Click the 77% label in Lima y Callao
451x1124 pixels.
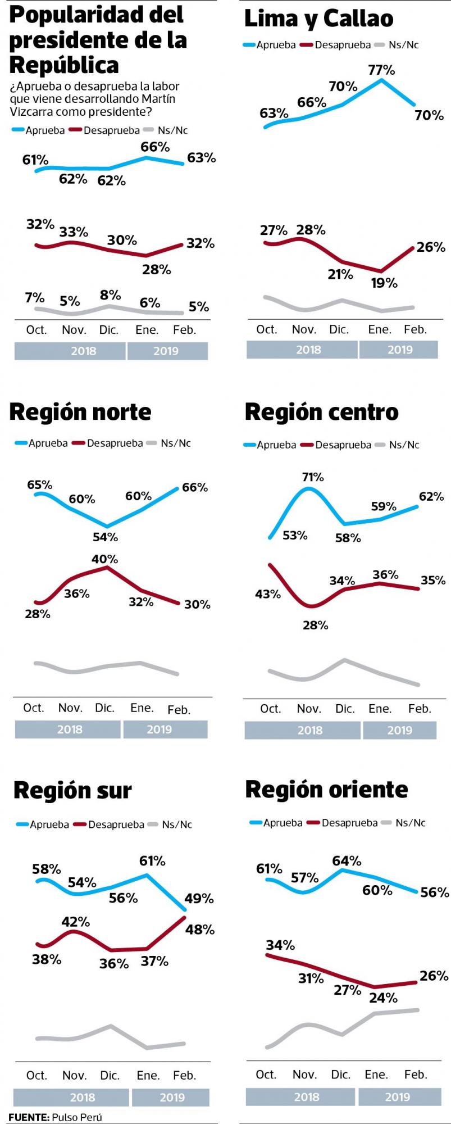[381, 70]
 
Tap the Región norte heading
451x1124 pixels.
[80, 412]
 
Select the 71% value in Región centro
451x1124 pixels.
[313, 477]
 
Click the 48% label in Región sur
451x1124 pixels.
[200, 930]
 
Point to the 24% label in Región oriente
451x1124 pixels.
[384, 998]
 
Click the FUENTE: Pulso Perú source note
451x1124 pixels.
[55, 1117]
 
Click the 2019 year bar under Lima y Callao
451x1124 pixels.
[399, 350]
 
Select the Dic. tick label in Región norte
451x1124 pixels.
[104, 708]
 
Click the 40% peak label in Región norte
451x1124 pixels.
[105, 559]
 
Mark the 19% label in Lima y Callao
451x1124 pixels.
[384, 283]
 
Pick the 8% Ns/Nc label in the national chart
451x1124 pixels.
[110, 295]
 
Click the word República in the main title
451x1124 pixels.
[64, 65]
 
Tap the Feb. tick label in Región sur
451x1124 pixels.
[184, 1075]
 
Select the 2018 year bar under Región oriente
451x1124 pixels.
[307, 1096]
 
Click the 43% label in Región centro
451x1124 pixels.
[268, 594]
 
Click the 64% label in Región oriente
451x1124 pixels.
[347, 861]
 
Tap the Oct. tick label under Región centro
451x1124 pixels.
[270, 709]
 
